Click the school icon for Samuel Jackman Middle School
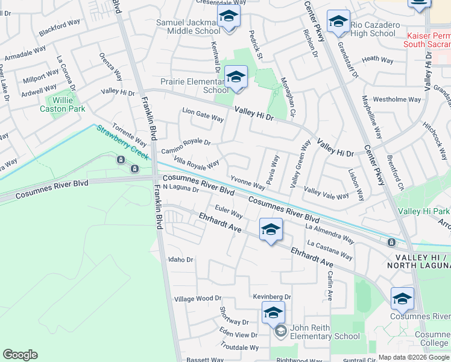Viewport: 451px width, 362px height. tap(229, 17)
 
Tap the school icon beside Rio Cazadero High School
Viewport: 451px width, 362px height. tap(338, 23)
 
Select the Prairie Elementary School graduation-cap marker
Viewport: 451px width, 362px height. tap(236, 78)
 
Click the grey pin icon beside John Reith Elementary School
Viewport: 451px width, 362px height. tap(280, 331)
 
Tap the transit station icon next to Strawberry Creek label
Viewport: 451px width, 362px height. tap(121, 160)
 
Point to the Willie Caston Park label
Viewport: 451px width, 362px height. tap(62, 104)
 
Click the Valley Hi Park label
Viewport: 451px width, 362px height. tap(424, 211)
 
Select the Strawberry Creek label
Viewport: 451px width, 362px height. tap(122, 142)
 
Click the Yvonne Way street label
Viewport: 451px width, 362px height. tap(247, 182)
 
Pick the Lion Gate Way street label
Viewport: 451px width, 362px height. tap(203, 113)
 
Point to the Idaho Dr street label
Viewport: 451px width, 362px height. tap(181, 259)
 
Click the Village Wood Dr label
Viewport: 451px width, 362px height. tap(198, 299)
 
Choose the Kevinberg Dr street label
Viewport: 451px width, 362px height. tap(272, 297)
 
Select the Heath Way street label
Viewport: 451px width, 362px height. tap(378, 59)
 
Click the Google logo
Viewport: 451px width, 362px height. tap(20, 355)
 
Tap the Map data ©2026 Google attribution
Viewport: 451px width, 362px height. tap(414, 357)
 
